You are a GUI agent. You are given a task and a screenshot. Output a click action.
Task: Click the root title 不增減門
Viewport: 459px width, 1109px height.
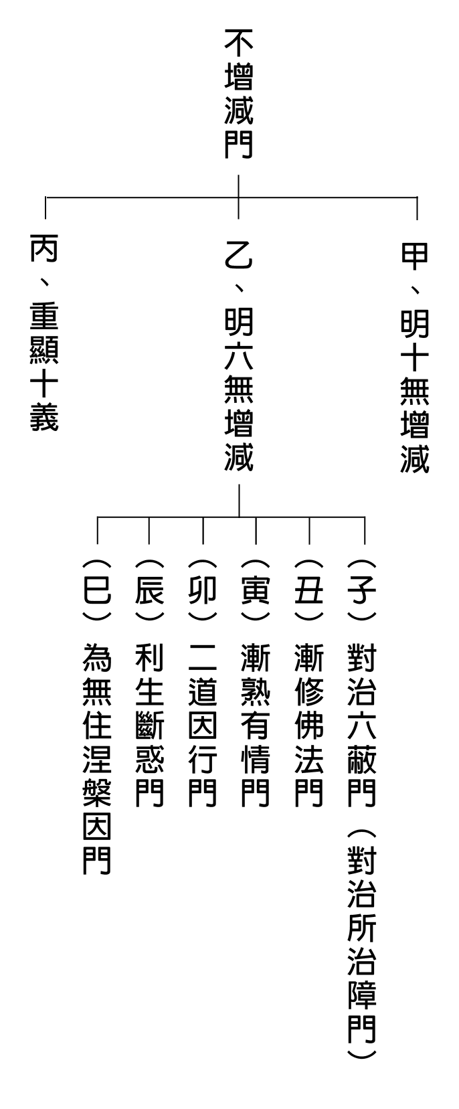(239, 94)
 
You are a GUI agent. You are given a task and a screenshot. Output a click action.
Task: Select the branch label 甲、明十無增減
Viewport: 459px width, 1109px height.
(414, 357)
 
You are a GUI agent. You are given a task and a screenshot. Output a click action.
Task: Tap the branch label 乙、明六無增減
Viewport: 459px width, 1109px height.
(239, 357)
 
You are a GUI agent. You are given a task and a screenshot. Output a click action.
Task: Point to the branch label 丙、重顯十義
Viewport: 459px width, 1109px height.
(44, 333)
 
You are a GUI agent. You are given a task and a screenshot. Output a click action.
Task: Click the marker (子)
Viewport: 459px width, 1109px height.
(361, 590)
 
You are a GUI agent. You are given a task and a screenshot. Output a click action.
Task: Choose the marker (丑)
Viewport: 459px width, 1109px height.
(309, 590)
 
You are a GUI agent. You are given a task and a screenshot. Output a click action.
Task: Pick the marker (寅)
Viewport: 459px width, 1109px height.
(256, 590)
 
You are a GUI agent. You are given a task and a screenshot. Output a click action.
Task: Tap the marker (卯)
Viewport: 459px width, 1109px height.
(203, 590)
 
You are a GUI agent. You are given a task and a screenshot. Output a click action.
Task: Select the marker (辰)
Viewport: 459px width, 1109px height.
(149, 590)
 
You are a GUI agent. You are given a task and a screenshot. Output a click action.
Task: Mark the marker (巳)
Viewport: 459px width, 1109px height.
(97, 590)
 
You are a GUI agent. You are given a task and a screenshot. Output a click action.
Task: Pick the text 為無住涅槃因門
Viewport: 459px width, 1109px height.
(97, 758)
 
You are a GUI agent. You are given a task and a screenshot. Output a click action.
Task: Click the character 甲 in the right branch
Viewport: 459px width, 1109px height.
(414, 256)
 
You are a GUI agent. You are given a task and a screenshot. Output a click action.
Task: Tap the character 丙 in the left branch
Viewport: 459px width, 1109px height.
(44, 248)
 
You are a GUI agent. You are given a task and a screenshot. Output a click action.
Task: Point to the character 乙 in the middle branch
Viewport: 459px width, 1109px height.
(239, 256)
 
